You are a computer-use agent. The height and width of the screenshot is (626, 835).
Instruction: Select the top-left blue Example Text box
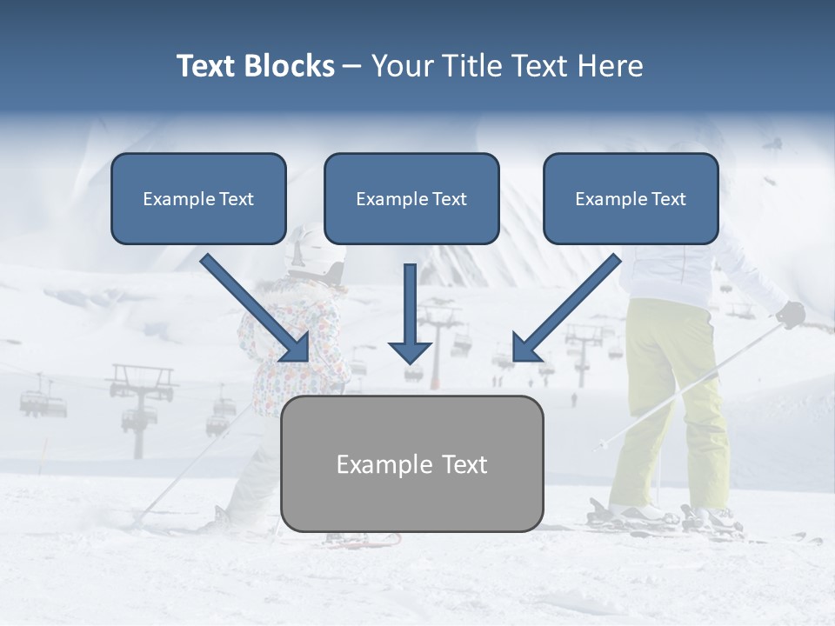(x=198, y=198)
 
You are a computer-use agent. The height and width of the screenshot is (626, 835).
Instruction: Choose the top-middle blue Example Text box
(x=411, y=198)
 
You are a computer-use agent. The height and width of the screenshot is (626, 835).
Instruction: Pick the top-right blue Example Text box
(x=631, y=198)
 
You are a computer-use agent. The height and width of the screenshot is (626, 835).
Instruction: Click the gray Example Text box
(x=411, y=463)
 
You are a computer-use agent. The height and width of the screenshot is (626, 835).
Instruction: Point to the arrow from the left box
(x=257, y=309)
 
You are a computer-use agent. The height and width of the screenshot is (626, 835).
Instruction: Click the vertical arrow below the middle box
(x=410, y=313)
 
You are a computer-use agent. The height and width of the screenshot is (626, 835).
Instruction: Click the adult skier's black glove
(x=791, y=314)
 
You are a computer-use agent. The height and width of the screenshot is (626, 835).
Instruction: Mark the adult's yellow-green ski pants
(x=670, y=391)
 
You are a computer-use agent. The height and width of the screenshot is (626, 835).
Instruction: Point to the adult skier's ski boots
(x=661, y=515)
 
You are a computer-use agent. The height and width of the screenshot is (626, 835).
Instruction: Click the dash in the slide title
(x=352, y=66)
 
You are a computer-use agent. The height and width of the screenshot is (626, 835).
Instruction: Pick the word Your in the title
(x=400, y=66)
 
